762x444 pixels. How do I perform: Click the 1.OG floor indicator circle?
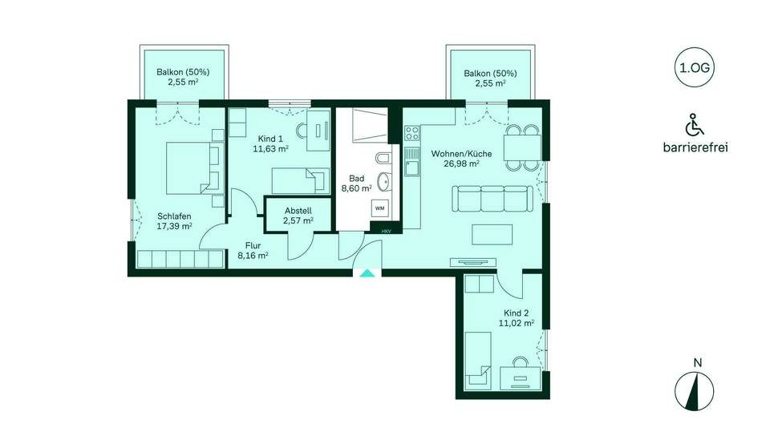[x=695, y=67]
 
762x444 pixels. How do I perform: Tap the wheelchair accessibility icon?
[x=695, y=124]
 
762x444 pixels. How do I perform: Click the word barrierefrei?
[x=695, y=147]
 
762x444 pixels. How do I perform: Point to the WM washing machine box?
[x=379, y=208]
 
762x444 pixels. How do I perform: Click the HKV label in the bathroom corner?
[x=387, y=232]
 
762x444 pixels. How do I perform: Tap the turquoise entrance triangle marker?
[x=367, y=273]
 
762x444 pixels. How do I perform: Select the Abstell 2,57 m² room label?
[x=298, y=216]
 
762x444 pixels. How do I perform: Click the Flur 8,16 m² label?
[x=253, y=250]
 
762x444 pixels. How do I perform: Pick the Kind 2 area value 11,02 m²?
[x=517, y=322]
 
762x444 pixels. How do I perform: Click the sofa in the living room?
[x=492, y=198]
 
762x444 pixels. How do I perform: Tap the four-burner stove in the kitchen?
[x=412, y=132]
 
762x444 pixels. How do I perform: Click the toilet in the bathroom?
[x=382, y=159]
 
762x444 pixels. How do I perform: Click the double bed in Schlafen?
[x=193, y=168]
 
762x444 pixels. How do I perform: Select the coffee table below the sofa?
[x=492, y=234]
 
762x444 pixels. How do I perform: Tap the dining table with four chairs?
[x=522, y=148]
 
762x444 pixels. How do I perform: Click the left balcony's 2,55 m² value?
[x=183, y=82]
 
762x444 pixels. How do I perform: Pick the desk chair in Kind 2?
[x=521, y=362]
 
